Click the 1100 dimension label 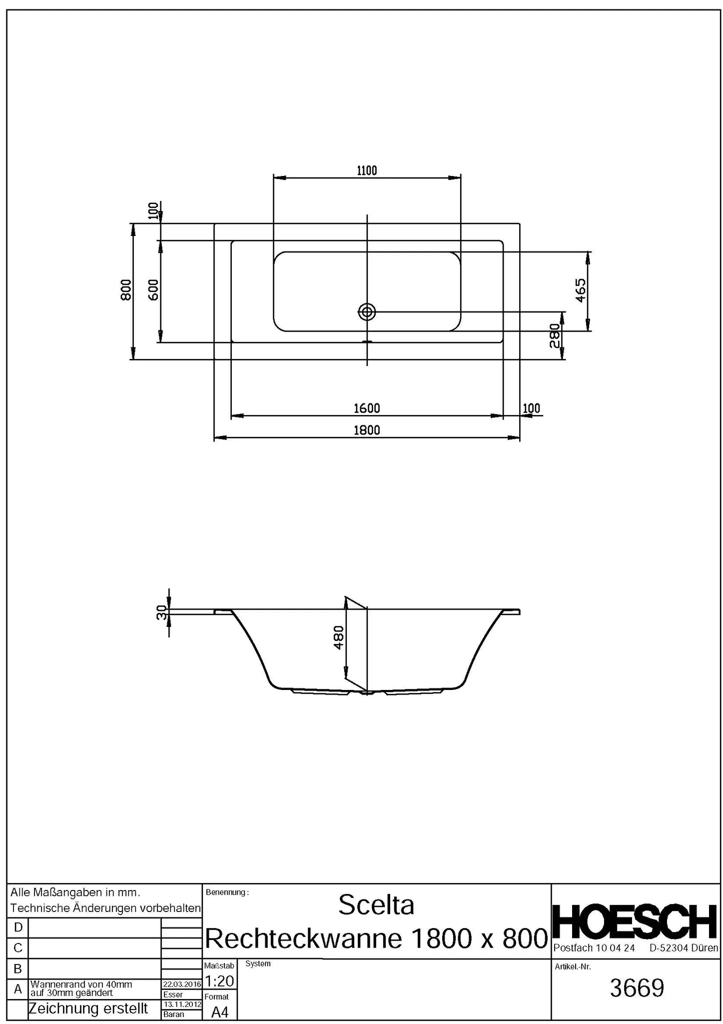coord(367,170)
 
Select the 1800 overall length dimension coord(367,430)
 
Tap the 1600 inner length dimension coord(367,408)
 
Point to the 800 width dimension coord(126,290)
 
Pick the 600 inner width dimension coord(153,290)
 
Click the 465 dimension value coord(580,290)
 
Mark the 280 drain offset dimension coord(555,336)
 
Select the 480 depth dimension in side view coord(339,637)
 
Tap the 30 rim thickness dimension coord(161,612)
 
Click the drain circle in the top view coord(367,312)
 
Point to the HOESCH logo coord(636,922)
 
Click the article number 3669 coord(637,988)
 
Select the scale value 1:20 coord(219,981)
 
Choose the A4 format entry coord(220,1012)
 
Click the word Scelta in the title coord(376,905)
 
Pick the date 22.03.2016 coord(182,984)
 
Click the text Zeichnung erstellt coord(88,1008)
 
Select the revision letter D coord(18,927)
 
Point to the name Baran coord(173,1014)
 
